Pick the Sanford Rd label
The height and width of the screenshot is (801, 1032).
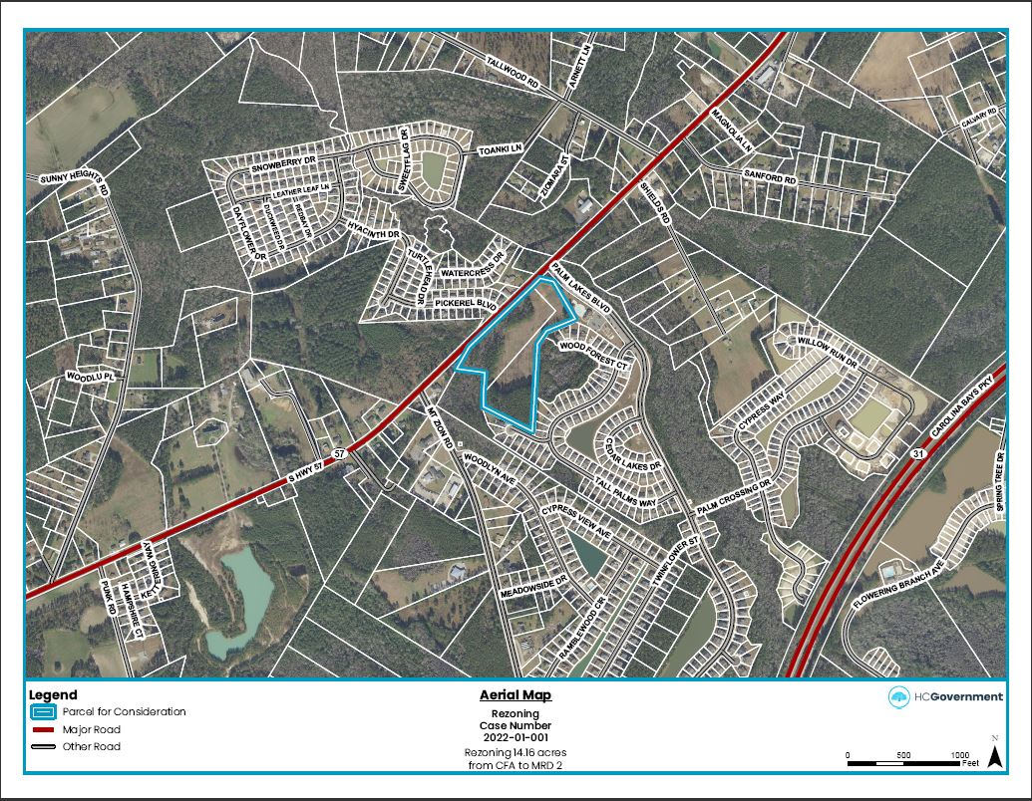coord(770,176)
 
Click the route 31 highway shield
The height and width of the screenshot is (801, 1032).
coord(914,454)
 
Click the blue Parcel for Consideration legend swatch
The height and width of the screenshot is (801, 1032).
coord(43,712)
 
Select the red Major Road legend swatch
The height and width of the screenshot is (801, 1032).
coord(43,730)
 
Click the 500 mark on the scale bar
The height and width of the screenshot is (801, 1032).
coord(903,755)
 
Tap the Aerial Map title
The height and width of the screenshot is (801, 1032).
coord(516,695)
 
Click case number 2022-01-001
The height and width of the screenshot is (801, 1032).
coord(516,738)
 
